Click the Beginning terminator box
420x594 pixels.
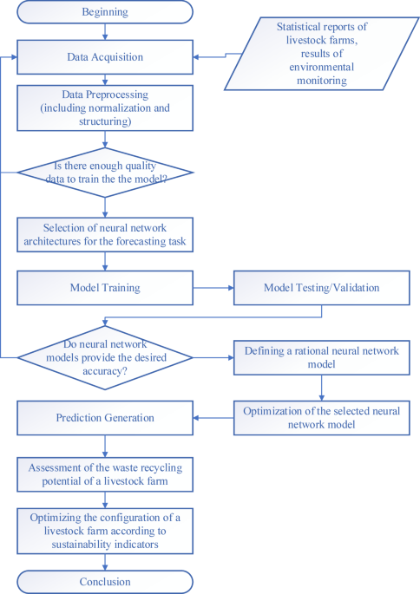(104, 12)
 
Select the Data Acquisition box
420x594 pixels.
(104, 57)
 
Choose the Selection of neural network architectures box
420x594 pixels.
(104, 233)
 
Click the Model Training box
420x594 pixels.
(104, 287)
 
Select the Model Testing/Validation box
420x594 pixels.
(320, 287)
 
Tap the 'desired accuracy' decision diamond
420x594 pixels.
(104, 356)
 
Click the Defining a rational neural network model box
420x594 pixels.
(320, 356)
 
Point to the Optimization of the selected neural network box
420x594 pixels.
(320, 418)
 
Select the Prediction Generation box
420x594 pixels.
(104, 418)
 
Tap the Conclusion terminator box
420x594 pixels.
(104, 582)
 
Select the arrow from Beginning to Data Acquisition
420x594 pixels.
(104, 32)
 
